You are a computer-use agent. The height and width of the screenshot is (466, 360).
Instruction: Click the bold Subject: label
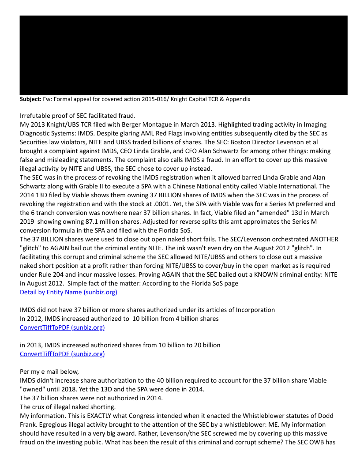click(x=30, y=99)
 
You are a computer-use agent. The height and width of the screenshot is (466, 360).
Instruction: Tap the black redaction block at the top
click(x=183, y=55)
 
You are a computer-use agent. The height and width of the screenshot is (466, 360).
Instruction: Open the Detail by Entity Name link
click(x=68, y=292)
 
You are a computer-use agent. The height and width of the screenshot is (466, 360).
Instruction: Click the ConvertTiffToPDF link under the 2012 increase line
click(x=62, y=327)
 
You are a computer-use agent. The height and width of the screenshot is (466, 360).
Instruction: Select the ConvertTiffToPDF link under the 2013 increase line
click(x=62, y=354)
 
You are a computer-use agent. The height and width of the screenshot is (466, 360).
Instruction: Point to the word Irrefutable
click(x=36, y=115)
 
